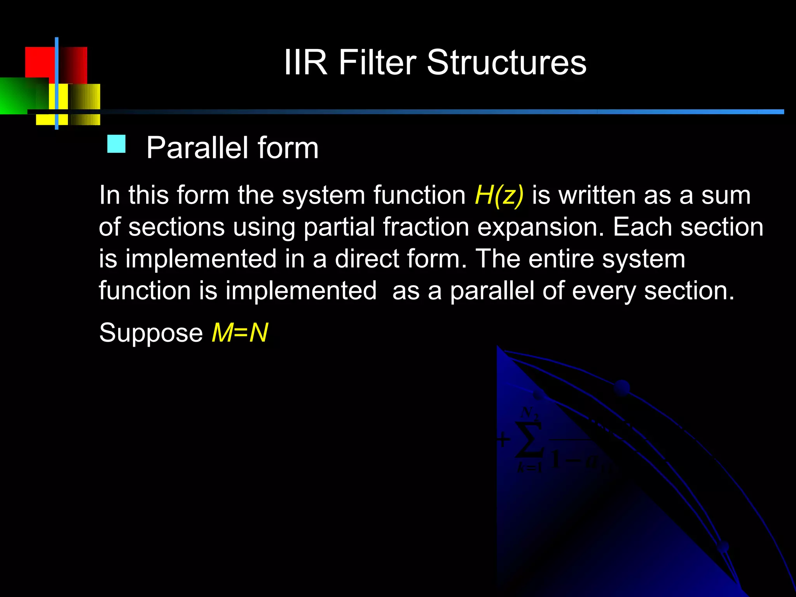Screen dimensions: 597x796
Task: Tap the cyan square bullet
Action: [x=116, y=144]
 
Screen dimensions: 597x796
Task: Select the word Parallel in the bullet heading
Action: [x=197, y=148]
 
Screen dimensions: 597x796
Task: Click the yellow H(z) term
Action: [x=499, y=195]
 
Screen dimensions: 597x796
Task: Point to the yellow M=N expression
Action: [x=239, y=333]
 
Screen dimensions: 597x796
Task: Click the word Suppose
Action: [x=151, y=333]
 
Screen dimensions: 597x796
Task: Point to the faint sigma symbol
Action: [x=529, y=439]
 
